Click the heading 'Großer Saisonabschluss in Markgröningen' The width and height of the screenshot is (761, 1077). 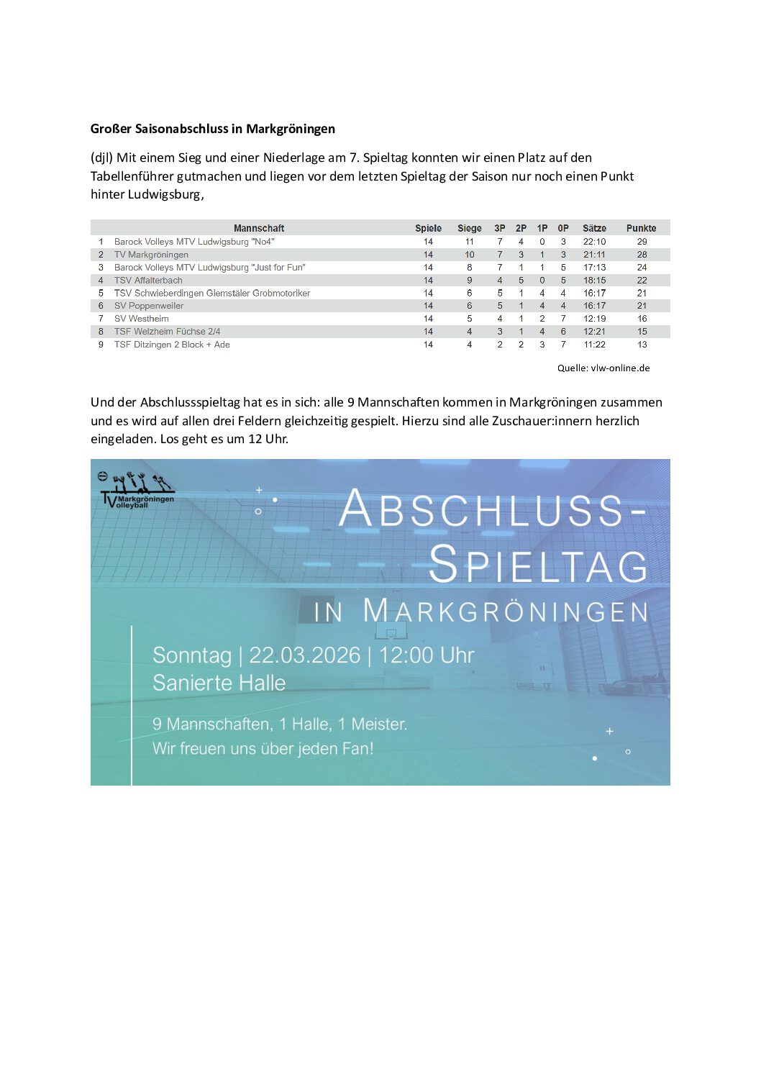point(213,129)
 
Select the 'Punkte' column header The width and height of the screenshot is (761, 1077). point(641,228)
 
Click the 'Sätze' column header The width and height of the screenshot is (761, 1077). point(594,228)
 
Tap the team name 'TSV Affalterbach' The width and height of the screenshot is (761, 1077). point(148,281)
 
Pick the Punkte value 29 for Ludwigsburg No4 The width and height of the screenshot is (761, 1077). point(642,242)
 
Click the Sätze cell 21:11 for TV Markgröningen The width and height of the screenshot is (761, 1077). point(594,255)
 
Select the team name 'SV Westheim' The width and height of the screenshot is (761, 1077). point(142,319)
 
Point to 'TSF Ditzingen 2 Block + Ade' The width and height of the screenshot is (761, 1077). point(172,345)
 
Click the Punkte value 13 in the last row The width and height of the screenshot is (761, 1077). point(642,345)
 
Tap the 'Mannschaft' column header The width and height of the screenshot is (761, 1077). point(259,228)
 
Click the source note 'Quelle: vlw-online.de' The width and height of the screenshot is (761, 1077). point(603,368)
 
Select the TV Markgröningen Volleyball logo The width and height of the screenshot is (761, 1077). point(137,491)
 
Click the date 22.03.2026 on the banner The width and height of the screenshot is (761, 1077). point(304,655)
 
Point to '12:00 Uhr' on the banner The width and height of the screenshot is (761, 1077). point(427,655)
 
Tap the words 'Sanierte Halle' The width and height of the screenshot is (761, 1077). point(219,683)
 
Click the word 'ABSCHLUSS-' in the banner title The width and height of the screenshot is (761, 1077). point(492,509)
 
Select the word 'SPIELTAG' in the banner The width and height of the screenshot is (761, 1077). point(538,565)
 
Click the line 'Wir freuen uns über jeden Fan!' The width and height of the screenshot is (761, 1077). point(263,749)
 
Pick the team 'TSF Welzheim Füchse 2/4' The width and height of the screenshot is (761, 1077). point(167,332)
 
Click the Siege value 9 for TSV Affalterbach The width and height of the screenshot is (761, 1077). point(470,281)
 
